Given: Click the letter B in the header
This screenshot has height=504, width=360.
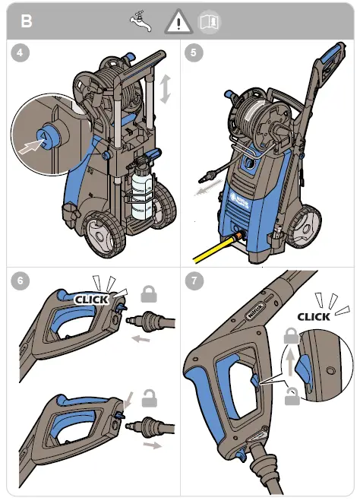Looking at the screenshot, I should (26, 21).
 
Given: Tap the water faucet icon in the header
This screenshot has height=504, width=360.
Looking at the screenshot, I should (141, 21).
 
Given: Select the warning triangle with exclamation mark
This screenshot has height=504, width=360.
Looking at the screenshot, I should (180, 21).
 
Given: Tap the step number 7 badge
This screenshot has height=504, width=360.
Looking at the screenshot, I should (194, 280).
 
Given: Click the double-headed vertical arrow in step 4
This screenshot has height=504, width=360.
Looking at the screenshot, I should (165, 88).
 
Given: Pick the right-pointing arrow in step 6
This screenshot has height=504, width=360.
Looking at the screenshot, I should (156, 444).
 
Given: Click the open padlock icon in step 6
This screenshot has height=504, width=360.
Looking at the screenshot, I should (150, 397).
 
